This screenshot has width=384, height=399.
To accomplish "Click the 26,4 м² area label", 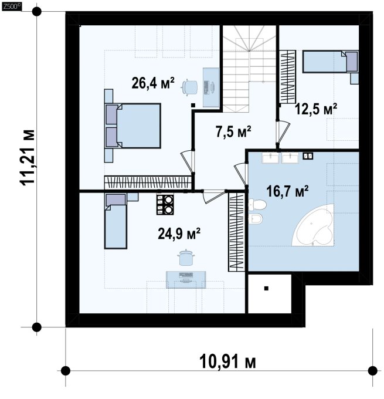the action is (153, 83).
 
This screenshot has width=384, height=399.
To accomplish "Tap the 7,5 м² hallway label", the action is (233, 131).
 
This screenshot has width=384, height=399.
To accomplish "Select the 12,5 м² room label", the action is (316, 109).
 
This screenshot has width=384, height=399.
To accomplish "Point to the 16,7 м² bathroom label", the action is (288, 191).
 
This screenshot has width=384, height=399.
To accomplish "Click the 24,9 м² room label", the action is (179, 234).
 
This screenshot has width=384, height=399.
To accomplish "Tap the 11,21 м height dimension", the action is (27, 158).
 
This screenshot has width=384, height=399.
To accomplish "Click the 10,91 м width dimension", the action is (227, 361).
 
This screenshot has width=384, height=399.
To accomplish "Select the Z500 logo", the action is (11, 6).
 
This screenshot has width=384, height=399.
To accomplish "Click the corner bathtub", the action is (312, 225).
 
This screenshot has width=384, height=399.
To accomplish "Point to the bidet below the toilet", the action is (256, 219).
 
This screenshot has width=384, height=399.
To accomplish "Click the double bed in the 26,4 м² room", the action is (132, 126).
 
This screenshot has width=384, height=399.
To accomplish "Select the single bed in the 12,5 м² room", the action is (330, 62).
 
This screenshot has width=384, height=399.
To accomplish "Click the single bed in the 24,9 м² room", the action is (115, 221).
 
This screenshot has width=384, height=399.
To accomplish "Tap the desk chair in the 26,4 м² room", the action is (189, 87).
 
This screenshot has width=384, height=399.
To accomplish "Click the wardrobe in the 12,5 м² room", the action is (288, 77).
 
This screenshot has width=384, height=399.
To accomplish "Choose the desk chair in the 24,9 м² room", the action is (187, 258).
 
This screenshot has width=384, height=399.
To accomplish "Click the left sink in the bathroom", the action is (270, 158).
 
